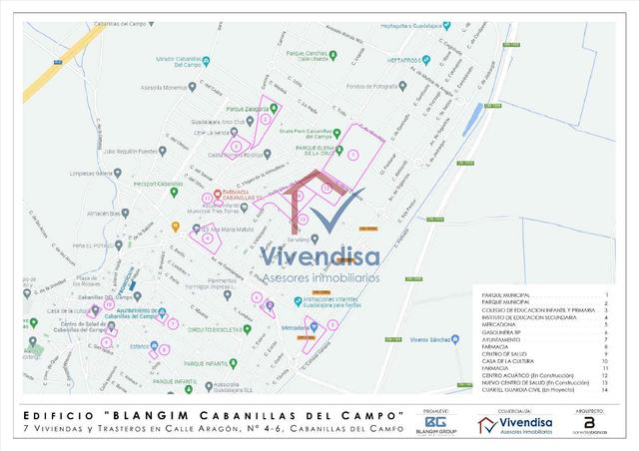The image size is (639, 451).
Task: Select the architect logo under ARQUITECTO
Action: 589,424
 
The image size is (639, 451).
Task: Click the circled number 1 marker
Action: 352,153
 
